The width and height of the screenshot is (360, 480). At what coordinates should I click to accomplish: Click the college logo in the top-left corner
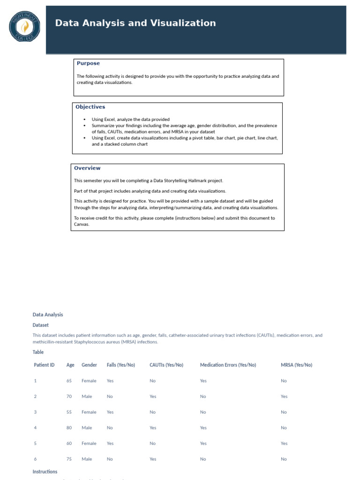24,26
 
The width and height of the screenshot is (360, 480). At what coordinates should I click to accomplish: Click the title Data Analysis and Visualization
135,23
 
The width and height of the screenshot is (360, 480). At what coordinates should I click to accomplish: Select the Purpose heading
88,63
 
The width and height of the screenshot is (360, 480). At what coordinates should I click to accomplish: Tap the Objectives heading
90,107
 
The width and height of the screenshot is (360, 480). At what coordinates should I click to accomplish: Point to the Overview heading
87,168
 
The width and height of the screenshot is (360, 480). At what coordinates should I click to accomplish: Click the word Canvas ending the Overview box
82,224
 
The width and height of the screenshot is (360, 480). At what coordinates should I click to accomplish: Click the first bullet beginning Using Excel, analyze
130,120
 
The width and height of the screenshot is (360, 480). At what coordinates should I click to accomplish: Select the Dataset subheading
40,325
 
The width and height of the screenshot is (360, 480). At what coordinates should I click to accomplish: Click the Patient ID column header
44,365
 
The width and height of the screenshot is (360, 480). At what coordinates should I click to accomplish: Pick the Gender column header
89,365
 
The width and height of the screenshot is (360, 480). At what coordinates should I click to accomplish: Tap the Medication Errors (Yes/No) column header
228,365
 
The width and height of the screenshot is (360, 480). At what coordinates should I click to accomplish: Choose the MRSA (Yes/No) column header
296,365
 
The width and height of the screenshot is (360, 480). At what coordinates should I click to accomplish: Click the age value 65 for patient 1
69,381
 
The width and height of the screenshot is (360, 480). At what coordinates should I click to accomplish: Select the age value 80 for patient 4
69,427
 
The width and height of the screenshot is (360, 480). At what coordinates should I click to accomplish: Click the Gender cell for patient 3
89,412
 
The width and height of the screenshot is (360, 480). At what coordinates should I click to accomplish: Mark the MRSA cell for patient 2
284,397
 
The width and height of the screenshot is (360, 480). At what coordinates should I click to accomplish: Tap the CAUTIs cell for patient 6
153,459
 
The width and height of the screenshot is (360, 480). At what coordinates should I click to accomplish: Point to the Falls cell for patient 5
110,443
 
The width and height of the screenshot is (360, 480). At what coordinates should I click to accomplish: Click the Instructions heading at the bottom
45,472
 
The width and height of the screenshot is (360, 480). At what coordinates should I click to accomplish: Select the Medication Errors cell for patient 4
203,427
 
